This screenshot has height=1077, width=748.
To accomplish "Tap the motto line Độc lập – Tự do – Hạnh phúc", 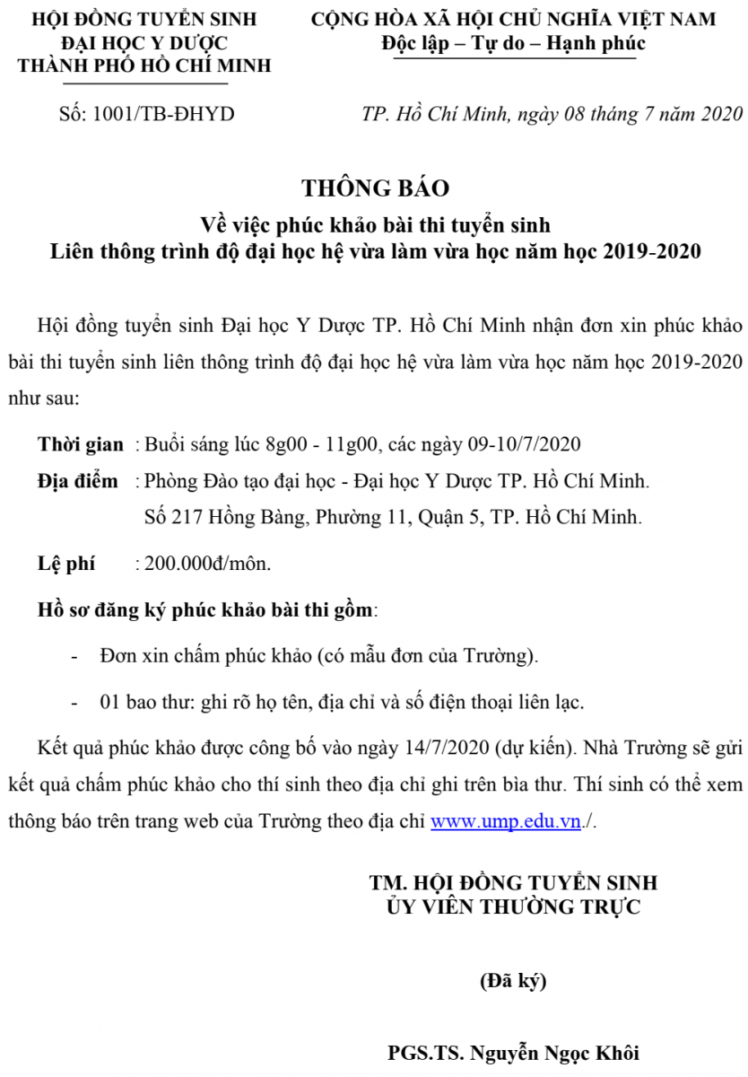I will click(x=513, y=43).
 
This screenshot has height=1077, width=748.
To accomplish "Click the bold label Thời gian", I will click(x=80, y=444).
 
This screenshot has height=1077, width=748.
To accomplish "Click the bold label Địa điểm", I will click(x=77, y=481).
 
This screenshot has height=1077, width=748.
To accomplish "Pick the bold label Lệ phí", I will click(x=65, y=565).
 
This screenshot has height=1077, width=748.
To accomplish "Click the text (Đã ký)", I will click(x=513, y=981).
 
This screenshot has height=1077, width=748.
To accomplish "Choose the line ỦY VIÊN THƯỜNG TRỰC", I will click(x=513, y=906).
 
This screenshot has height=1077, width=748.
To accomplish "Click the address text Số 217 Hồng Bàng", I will click(x=224, y=518).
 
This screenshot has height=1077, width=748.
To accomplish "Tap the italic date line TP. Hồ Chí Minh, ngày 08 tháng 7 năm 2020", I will click(x=552, y=114).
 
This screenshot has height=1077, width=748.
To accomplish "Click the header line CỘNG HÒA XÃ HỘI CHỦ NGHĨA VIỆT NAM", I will click(x=513, y=19).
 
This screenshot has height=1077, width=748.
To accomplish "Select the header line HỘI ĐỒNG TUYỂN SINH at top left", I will click(x=144, y=19).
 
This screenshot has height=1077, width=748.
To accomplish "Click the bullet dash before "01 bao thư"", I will click(x=74, y=703).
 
